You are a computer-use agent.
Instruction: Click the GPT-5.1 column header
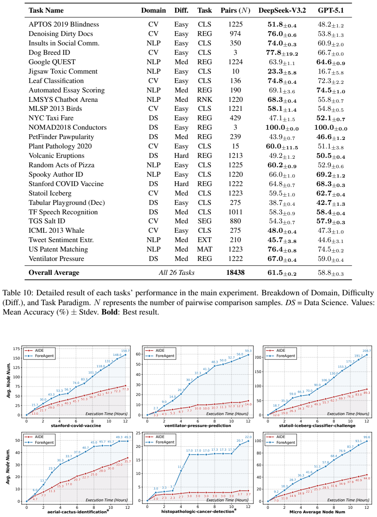pyautogui.click(x=331, y=10)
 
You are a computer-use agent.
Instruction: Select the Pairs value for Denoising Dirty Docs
pyautogui.click(x=235, y=34)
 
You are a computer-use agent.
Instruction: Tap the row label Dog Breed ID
pyautogui.click(x=49, y=53)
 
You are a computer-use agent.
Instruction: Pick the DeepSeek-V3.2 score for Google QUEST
pyautogui.click(x=282, y=62)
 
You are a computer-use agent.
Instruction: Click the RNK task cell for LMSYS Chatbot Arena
pyautogui.click(x=204, y=99)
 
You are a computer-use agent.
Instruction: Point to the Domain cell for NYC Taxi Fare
pyautogui.click(x=153, y=118)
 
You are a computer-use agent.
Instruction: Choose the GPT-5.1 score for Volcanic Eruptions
pyautogui.click(x=331, y=156)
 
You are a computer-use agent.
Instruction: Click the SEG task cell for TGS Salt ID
pyautogui.click(x=204, y=221)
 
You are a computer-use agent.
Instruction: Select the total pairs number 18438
pyautogui.click(x=235, y=272)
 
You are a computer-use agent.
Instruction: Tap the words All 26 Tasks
pyautogui.click(x=177, y=272)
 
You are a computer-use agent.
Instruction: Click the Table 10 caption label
pyautogui.click(x=18, y=293)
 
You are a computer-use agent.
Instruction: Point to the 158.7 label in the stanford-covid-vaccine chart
pyautogui.click(x=126, y=351)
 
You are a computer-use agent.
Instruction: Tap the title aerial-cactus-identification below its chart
pyautogui.click(x=77, y=512)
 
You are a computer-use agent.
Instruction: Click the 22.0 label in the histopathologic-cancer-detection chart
pyautogui.click(x=248, y=437)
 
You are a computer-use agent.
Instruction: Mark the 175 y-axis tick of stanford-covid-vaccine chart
pyautogui.click(x=16, y=349)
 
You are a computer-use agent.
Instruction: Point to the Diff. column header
pyautogui.click(x=181, y=10)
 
